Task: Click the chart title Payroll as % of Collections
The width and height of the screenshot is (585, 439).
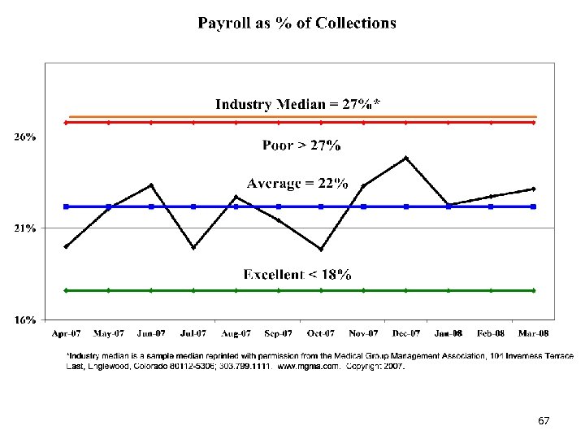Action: [x=297, y=23]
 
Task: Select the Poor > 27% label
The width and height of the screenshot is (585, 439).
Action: [x=301, y=146]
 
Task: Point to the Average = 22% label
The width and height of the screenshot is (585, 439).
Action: [x=297, y=183]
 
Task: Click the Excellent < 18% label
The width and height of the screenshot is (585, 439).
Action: [x=297, y=275]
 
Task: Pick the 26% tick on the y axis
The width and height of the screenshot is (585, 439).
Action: [x=24, y=137]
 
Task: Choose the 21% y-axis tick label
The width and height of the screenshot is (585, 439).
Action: [x=24, y=228]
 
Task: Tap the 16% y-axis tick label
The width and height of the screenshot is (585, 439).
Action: [x=24, y=319]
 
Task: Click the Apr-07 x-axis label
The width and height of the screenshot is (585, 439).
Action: [x=67, y=333]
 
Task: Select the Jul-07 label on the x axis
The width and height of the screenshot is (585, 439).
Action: [x=193, y=333]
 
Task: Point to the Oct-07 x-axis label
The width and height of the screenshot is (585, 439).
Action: [x=321, y=333]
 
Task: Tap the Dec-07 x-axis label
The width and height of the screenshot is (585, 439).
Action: [x=405, y=333]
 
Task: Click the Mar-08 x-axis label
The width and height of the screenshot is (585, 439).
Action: [x=533, y=333]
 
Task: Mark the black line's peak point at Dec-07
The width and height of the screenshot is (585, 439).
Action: [x=405, y=158]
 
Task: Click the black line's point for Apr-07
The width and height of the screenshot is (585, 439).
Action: [x=67, y=246]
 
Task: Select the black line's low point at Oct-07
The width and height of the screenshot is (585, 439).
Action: [x=321, y=249]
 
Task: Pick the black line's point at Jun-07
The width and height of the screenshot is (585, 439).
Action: [x=151, y=185]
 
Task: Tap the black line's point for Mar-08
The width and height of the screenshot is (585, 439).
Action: [x=533, y=189]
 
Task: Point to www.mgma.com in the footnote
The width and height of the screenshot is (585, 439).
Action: [x=309, y=367]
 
